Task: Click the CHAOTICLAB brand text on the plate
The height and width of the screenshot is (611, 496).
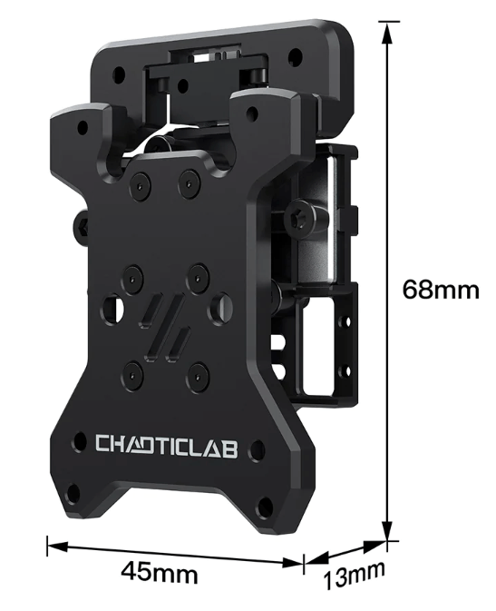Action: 167,445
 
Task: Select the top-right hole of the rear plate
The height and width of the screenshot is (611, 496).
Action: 295,56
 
